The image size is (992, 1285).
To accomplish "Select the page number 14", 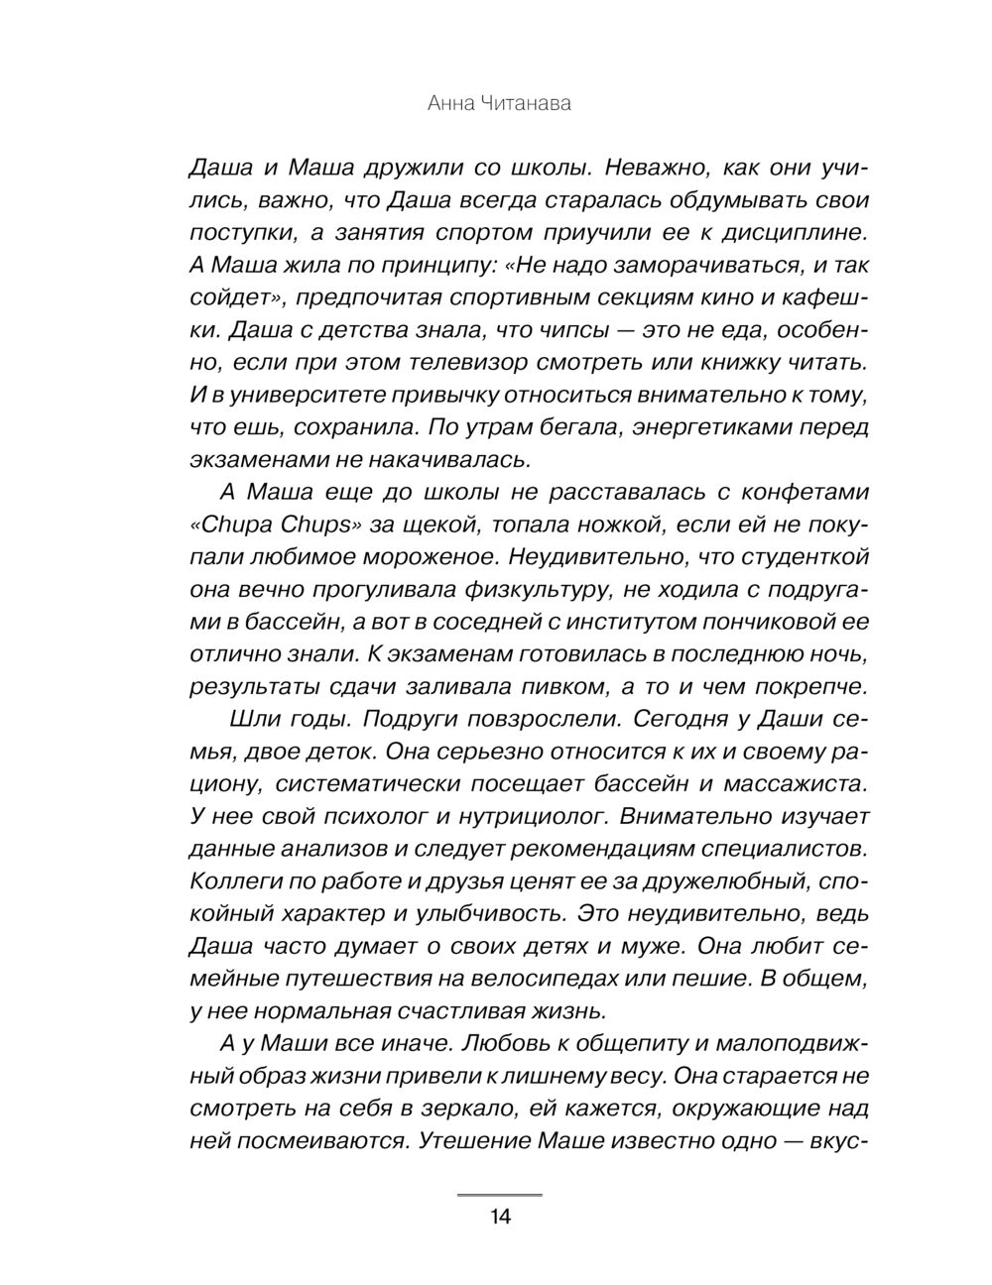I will pyautogui.click(x=499, y=1218).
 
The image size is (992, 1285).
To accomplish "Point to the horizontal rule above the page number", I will pyautogui.click(x=499, y=1196).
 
